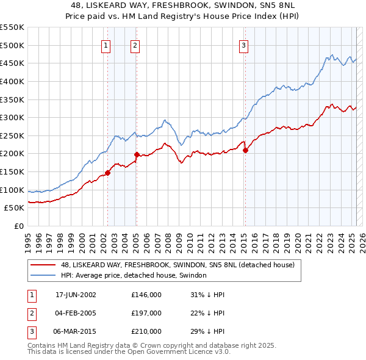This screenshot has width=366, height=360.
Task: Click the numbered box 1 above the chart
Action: (x=106, y=45)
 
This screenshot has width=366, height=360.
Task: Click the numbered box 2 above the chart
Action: (x=134, y=45)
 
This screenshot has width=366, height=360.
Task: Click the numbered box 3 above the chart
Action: (x=243, y=45)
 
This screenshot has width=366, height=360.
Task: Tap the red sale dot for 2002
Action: (x=108, y=173)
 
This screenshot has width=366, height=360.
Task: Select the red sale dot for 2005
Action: (x=136, y=154)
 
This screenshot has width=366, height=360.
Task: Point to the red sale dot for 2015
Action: (x=245, y=149)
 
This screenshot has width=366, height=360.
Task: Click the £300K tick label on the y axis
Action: (x=12, y=117)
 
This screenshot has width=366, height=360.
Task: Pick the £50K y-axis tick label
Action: (x=15, y=208)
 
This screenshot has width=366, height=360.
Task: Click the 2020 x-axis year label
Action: (x=297, y=239)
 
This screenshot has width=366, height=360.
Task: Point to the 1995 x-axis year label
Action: (x=28, y=239)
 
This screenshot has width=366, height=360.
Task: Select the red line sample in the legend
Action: (x=43, y=265)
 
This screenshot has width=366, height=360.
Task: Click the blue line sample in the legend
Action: (x=43, y=275)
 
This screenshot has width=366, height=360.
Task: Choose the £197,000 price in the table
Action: (x=146, y=313)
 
